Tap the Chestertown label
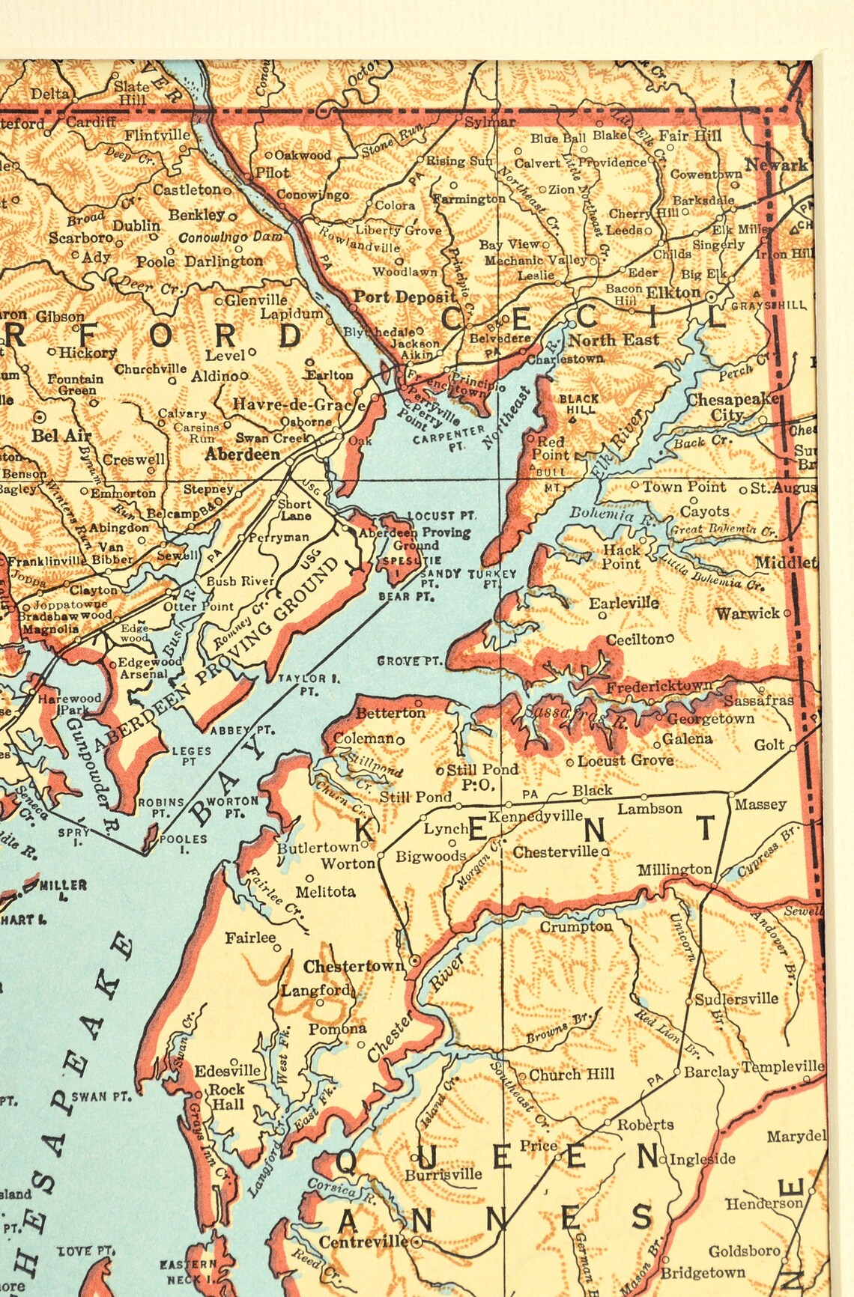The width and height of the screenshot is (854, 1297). [x=354, y=967]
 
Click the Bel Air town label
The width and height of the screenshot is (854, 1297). [x=61, y=435]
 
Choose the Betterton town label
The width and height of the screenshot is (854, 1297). [x=390, y=713]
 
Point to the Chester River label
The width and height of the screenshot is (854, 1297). [x=414, y=1009]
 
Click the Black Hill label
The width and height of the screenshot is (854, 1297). [x=579, y=404]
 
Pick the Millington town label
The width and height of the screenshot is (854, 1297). [x=674, y=869]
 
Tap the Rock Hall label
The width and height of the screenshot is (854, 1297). [x=226, y=1096]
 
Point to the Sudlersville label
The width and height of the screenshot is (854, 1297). [x=736, y=999]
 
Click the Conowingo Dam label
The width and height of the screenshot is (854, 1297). [x=231, y=237]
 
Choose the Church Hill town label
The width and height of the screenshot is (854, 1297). [x=572, y=1075]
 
